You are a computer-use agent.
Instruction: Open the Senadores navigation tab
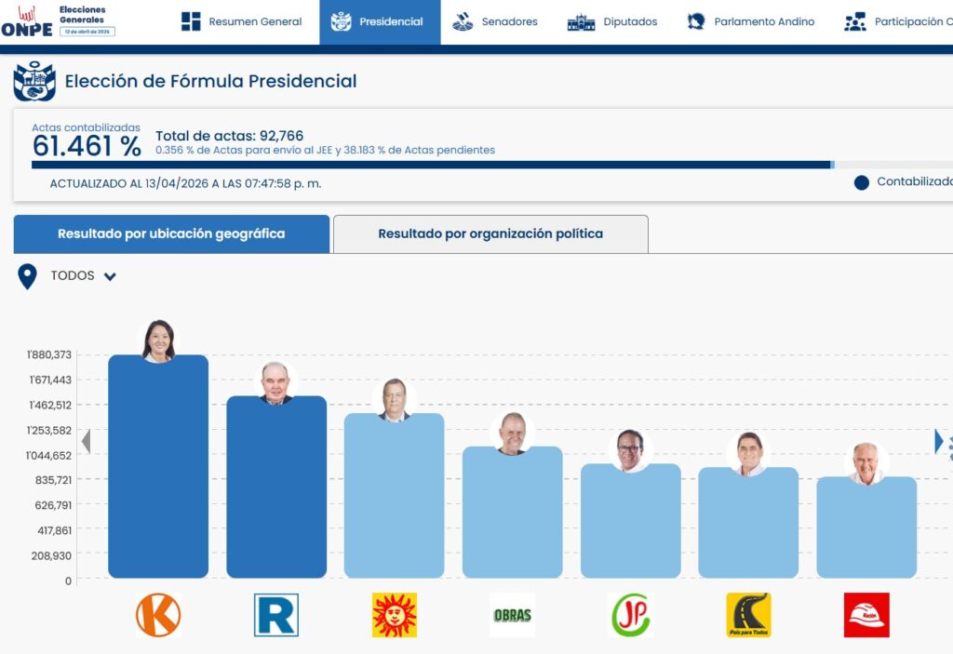[x=496, y=21]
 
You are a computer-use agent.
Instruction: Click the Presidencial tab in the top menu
[x=379, y=21]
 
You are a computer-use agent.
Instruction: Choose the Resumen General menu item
[x=242, y=21]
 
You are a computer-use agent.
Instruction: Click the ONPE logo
[x=27, y=21]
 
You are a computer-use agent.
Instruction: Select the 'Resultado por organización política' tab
[x=490, y=234]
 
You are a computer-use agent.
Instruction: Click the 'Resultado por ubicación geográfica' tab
[x=171, y=234]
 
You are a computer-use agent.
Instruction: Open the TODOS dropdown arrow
[x=110, y=276]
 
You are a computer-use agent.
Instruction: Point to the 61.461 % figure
[x=87, y=146]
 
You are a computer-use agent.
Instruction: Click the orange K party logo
[x=158, y=615]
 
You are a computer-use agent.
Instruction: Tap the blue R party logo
[x=276, y=615]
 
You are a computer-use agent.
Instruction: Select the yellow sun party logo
[x=395, y=615]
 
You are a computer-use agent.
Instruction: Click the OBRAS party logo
[x=512, y=615]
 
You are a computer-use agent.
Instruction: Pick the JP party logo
[x=631, y=615]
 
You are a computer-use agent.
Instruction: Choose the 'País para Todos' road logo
[x=748, y=615]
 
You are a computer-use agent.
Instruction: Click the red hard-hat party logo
[x=866, y=615]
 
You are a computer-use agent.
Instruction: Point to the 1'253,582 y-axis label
[x=49, y=430]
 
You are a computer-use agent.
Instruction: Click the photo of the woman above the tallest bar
[x=158, y=340]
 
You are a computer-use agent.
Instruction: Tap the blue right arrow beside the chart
[x=939, y=441]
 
